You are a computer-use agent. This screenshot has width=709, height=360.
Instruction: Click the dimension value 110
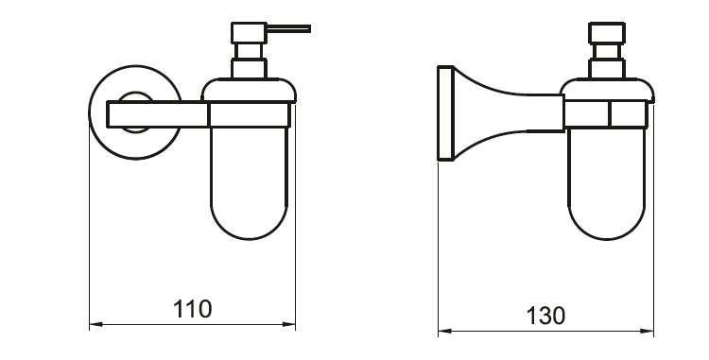click(193, 308)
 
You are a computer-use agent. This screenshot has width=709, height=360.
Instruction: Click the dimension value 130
click(546, 315)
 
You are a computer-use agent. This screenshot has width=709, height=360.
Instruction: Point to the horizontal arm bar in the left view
click(157, 114)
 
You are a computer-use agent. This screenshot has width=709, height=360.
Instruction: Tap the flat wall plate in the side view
click(441, 113)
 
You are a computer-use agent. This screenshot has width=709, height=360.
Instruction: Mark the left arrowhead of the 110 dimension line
click(95, 325)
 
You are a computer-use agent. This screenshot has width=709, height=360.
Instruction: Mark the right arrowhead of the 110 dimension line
click(290, 325)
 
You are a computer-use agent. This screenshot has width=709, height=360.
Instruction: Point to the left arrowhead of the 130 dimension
click(443, 332)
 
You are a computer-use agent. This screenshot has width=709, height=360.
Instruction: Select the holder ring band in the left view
click(251, 114)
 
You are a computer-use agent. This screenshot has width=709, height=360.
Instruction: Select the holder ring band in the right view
click(607, 114)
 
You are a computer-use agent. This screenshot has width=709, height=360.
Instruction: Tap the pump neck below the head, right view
click(605, 69)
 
